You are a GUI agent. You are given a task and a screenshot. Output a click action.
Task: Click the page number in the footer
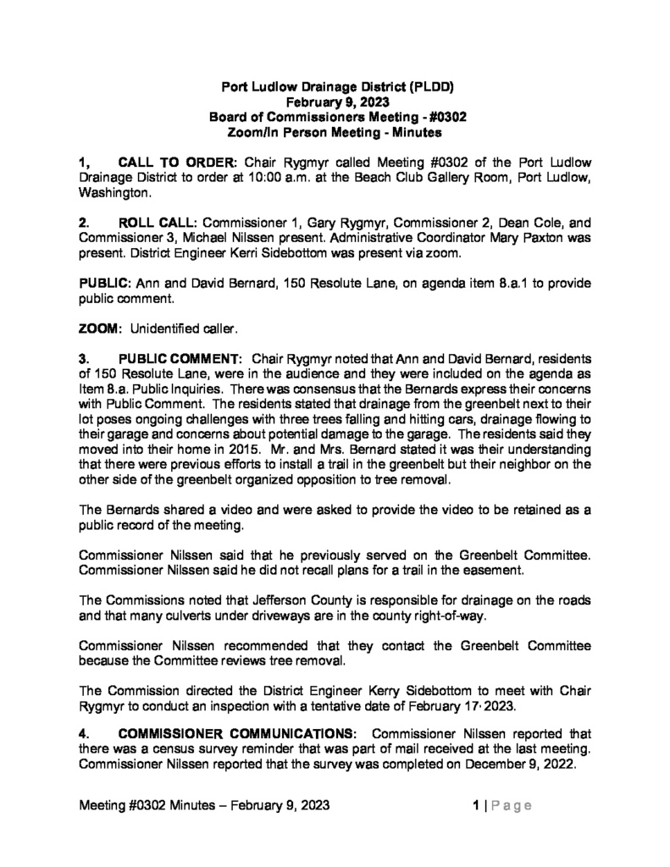[476, 806]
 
